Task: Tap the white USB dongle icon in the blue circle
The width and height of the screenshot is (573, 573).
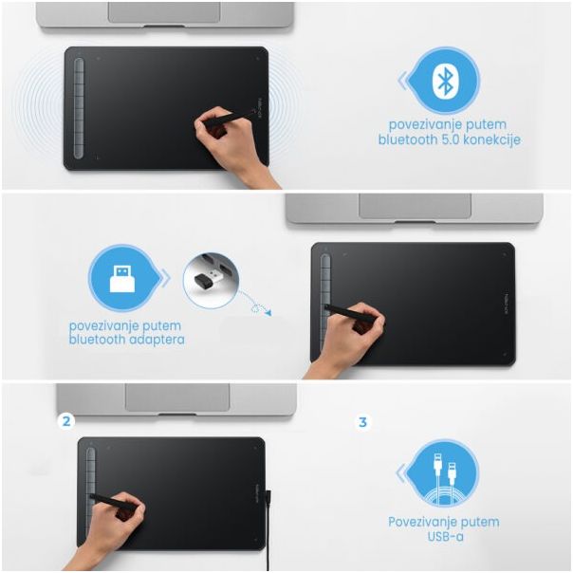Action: point(122,279)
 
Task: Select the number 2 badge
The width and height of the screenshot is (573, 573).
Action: point(66,421)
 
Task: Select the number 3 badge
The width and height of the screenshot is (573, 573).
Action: point(362,422)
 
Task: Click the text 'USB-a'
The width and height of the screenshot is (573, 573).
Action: point(445,536)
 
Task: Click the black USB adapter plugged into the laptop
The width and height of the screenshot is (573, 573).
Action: point(205,281)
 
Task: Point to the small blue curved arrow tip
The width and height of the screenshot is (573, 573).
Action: point(269,313)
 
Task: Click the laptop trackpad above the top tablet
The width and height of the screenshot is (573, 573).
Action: point(164,11)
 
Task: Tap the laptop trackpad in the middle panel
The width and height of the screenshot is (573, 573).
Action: point(416,206)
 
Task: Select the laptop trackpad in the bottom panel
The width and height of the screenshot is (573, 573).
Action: point(177,397)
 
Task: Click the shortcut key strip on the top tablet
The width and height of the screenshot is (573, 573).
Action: point(79,108)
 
